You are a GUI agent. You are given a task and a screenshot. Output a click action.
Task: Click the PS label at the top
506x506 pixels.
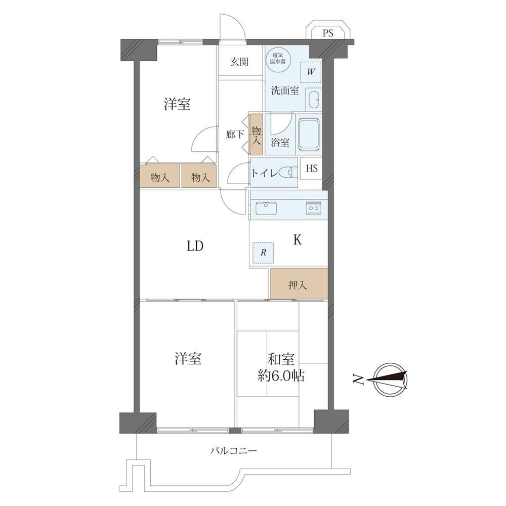tap(328, 33)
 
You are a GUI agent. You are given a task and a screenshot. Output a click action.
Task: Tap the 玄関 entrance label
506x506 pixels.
tap(239, 61)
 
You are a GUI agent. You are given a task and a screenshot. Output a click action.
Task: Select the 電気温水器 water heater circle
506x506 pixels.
tap(278, 58)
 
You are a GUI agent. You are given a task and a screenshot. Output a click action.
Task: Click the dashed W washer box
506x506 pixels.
tap(311, 72)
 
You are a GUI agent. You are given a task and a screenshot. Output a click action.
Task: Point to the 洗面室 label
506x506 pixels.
tap(285, 91)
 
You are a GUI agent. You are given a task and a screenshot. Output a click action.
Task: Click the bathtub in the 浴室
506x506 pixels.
tap(309, 135)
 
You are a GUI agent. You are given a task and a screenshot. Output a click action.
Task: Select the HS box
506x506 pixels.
tap(311, 168)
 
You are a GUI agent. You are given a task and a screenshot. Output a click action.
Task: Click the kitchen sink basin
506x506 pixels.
tap(266, 208)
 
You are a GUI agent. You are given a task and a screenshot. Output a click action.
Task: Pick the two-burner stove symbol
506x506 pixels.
tap(313, 208)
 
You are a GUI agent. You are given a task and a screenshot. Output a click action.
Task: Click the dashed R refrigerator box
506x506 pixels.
tap(263, 252)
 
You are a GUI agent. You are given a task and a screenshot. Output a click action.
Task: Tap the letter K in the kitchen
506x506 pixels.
tap(297, 240)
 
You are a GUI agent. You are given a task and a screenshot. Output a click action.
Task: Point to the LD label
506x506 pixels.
tap(195, 246)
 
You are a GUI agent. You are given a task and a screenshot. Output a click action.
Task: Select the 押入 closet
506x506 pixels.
tap(299, 284)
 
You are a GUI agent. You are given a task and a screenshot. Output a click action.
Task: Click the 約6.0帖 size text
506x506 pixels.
tap(281, 375)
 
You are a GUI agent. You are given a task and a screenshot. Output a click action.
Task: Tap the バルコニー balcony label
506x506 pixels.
tap(234, 450)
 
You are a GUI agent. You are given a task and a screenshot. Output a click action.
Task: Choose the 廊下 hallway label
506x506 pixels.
tap(235, 134)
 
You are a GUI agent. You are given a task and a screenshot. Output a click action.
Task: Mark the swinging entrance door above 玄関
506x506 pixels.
tap(232, 27)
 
